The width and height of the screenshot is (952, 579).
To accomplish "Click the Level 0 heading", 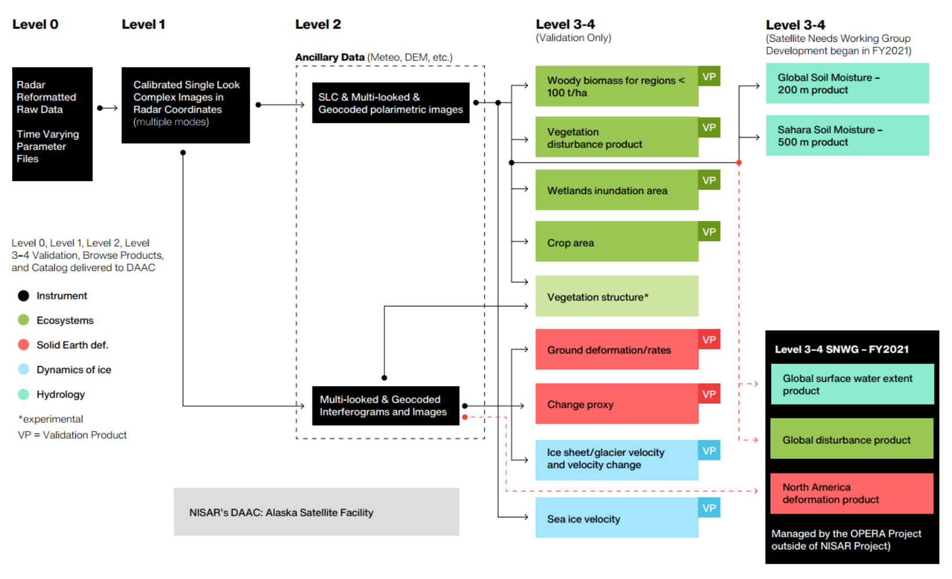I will (35, 24).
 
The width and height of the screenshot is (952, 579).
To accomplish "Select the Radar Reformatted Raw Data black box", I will (52, 124).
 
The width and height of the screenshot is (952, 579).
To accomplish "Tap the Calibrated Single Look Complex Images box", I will (186, 105).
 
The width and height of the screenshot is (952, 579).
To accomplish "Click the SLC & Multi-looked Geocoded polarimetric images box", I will (390, 103).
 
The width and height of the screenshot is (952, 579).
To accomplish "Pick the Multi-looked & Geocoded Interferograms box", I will (386, 406).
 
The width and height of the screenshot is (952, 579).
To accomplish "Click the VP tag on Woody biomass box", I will (709, 77).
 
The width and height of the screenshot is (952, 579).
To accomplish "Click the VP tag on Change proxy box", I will (709, 394).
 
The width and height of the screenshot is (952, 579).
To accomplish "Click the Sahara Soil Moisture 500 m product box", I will (846, 136).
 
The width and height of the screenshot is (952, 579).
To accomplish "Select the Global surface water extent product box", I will (852, 384).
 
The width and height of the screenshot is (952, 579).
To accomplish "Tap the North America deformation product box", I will (852, 493).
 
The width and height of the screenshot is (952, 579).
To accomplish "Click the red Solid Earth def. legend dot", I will (23, 345).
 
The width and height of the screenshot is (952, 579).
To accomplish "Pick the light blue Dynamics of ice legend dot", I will (23, 370).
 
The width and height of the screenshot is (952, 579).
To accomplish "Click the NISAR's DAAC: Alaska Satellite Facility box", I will (316, 512).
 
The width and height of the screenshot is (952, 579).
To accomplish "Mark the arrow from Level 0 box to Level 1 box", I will (107, 108).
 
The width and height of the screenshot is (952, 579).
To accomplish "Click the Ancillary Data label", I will (329, 57).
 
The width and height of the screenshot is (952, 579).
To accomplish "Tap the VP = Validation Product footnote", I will (72, 435).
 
